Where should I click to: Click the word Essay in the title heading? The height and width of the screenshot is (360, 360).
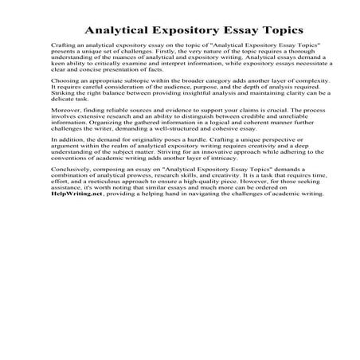(x=230, y=27)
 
